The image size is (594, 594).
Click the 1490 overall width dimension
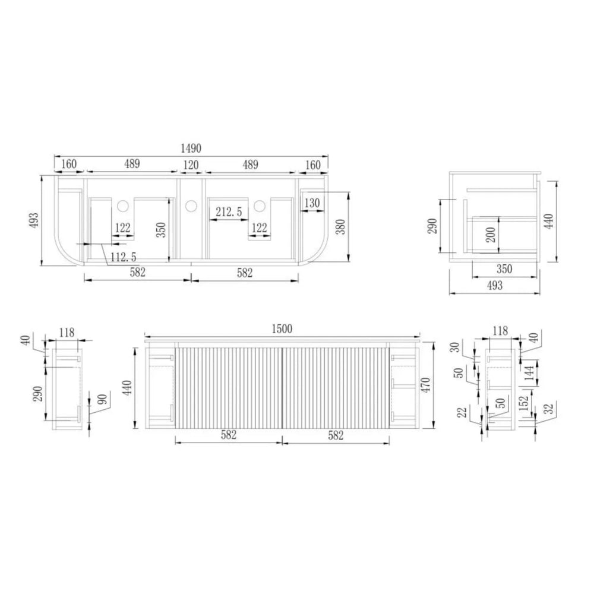coord(191,148)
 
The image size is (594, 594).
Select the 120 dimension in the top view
coord(191,165)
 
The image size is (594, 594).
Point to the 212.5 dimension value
coord(229,211)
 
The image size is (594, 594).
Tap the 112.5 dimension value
coord(123,257)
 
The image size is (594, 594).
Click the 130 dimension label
coord(312,203)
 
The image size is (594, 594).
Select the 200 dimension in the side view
coord(491,235)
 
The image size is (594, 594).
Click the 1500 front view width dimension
coord(282,328)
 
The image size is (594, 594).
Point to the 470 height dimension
coord(426,385)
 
